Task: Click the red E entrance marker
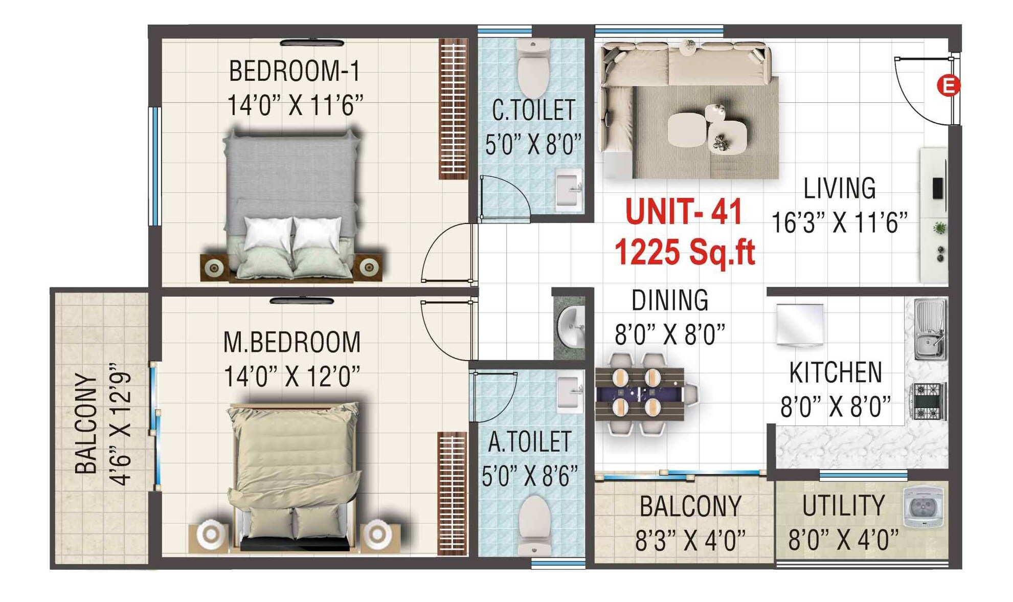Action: (948, 85)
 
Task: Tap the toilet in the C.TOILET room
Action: (533, 68)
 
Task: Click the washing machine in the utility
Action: (923, 507)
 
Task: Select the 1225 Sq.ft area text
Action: (685, 252)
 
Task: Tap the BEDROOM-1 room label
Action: (295, 71)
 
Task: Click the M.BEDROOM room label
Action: (292, 342)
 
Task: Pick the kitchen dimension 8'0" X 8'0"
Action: (836, 407)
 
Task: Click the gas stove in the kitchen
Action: (928, 401)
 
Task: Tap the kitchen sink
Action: (929, 329)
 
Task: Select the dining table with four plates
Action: (639, 393)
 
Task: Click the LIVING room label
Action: (839, 188)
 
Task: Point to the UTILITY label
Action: (843, 506)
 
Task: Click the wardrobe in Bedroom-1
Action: (453, 109)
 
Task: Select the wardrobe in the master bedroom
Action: (452, 493)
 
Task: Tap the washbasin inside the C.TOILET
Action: (569, 189)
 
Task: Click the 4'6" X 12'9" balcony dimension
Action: (121, 424)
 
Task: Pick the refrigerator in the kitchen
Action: (800, 324)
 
